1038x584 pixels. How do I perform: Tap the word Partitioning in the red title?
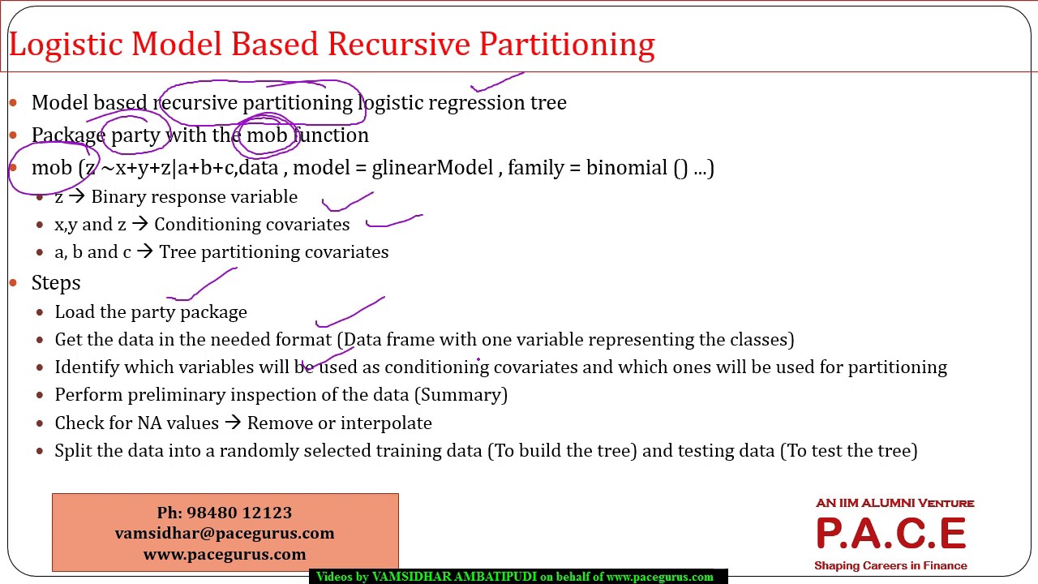pos(567,45)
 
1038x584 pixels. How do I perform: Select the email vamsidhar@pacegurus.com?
pos(225,533)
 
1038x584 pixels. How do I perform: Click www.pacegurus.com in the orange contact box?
pos(225,554)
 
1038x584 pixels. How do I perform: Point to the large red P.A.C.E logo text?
pos(890,534)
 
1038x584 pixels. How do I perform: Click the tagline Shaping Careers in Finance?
pos(890,565)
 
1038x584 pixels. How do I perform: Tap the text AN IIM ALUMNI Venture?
pos(894,503)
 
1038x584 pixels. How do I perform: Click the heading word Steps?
pos(56,282)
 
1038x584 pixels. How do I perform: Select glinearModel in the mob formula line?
pos(432,168)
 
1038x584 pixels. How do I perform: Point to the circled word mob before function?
pos(267,135)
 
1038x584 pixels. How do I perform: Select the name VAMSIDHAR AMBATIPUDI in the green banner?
pos(454,577)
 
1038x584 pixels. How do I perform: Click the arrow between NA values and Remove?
pos(234,423)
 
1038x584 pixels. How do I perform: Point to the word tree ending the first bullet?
pos(548,103)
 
